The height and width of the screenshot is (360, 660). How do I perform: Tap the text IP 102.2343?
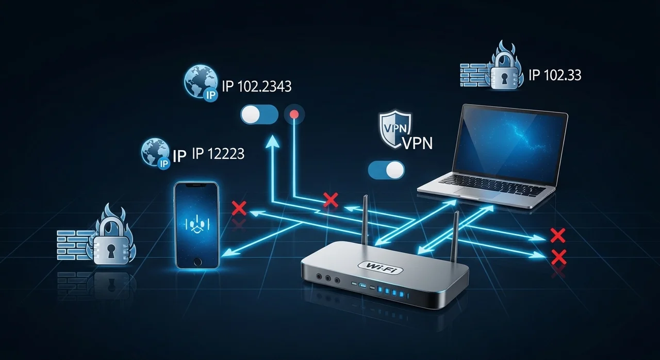click(x=256, y=86)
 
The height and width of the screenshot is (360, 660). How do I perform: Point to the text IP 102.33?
click(x=555, y=75)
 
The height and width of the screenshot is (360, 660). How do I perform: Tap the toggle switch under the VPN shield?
click(x=387, y=169)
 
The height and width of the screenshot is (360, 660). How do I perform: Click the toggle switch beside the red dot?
click(x=259, y=114)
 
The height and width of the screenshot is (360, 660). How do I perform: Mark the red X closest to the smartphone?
click(x=239, y=208)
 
